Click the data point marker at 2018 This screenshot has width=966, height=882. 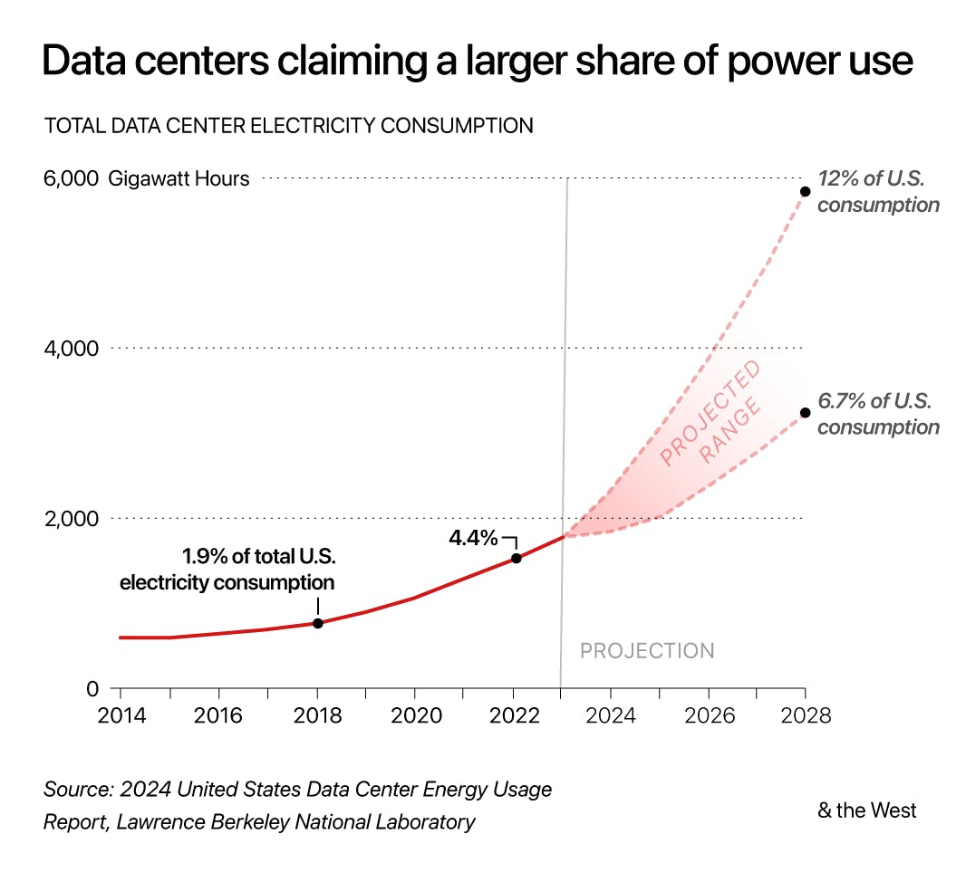click(318, 623)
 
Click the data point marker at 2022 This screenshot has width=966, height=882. click(516, 558)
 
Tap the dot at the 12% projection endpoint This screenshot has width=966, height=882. click(805, 191)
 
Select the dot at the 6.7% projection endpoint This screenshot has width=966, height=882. click(805, 413)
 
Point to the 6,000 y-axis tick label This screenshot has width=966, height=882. click(71, 178)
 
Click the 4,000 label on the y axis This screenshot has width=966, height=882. click(71, 348)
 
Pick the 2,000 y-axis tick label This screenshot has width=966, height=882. click(71, 518)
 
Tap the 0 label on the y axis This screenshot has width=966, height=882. click(92, 688)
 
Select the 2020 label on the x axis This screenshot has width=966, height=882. click(414, 715)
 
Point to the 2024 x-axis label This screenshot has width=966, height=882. click(610, 715)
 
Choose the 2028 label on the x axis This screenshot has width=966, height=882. click(805, 715)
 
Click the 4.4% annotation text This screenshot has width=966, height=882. click(473, 539)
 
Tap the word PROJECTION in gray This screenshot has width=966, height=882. click(647, 650)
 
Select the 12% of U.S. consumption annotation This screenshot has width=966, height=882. click(878, 191)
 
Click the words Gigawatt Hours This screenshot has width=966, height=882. click(179, 178)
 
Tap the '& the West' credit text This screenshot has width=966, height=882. click(866, 810)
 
